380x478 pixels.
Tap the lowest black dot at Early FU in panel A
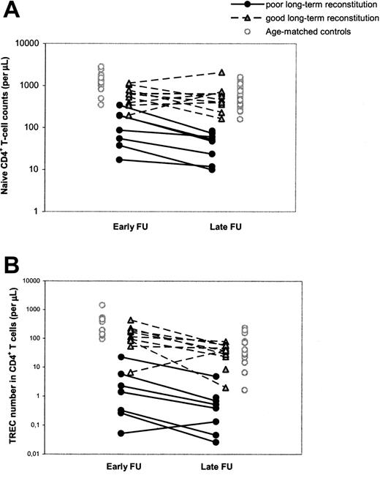tap(120, 160)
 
